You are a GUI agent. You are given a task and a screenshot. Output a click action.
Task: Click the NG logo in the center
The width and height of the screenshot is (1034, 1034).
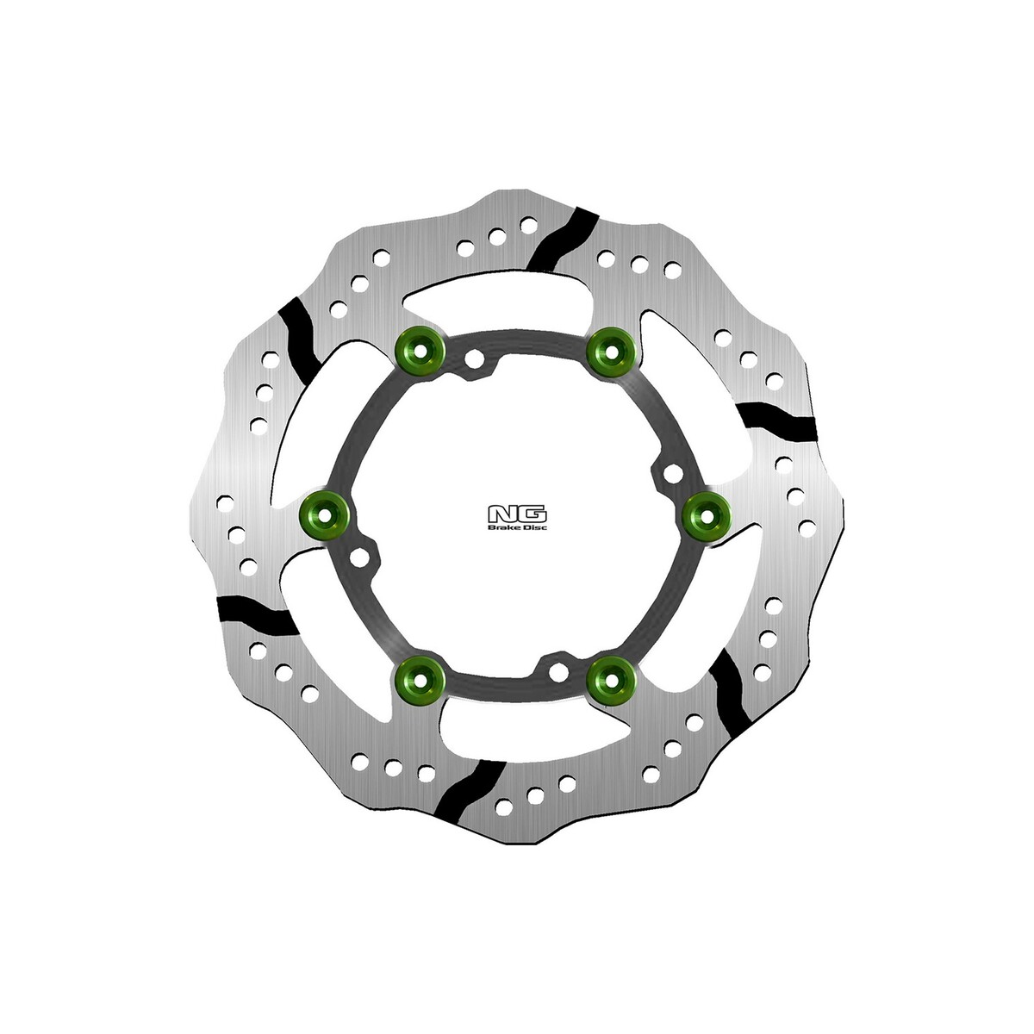tap(517, 514)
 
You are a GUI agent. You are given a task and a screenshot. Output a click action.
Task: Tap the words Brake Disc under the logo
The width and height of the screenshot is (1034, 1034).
tap(517, 528)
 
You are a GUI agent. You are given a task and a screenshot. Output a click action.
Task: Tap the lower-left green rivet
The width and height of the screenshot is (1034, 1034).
tap(420, 679)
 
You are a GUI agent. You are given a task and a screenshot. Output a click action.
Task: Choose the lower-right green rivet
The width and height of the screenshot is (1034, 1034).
tap(611, 681)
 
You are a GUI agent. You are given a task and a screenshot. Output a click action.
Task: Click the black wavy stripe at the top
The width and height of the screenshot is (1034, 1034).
tap(563, 238)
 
